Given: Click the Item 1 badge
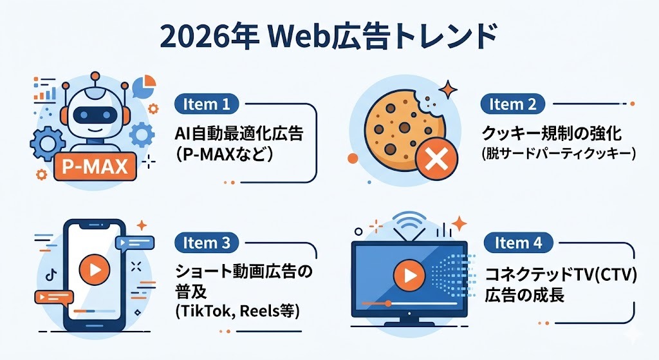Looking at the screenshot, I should coord(206,104).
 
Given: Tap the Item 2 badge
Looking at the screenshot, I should coord(512,104).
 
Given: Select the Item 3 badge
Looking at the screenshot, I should coord(206,243).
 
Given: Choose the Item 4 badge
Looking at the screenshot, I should coord(519,243).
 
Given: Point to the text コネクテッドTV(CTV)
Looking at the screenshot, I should coord(561,276).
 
